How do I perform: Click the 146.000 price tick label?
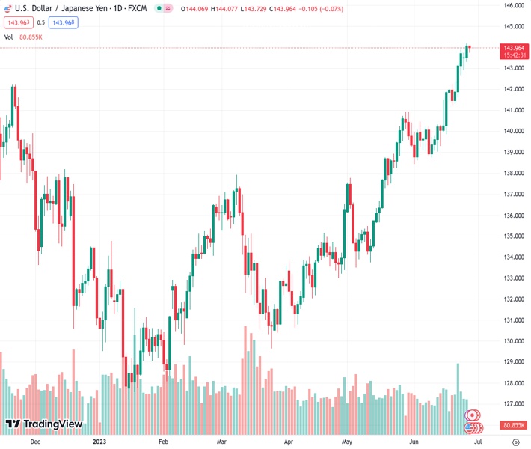[513, 5]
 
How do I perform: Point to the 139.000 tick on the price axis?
[513, 152]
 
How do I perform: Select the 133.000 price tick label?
[513, 278]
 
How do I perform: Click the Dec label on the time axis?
[34, 442]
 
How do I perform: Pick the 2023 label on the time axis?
[99, 442]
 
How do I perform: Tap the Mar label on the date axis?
[222, 442]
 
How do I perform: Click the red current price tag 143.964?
[513, 48]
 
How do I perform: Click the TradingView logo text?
[52, 424]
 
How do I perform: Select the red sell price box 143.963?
[18, 22]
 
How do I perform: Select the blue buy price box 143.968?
[64, 22]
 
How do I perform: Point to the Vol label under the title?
[8, 37]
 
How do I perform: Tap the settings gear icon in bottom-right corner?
[515, 442]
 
